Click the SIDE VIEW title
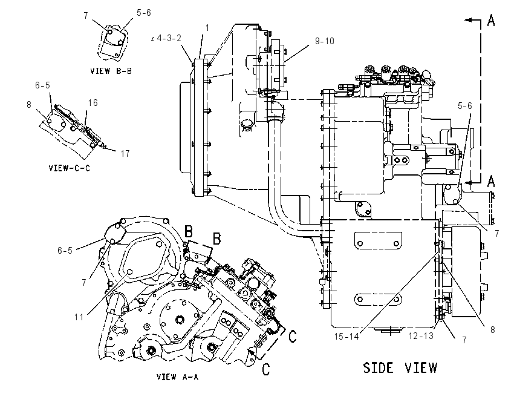pos(400,367)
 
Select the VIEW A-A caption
pos(177,377)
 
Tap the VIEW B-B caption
pos(111,71)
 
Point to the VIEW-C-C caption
pos(69,168)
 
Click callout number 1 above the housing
pos(207,28)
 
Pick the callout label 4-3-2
pos(169,38)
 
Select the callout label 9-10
pos(325,41)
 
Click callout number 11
pos(79,317)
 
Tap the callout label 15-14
pos(346,337)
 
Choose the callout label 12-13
pos(421,336)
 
